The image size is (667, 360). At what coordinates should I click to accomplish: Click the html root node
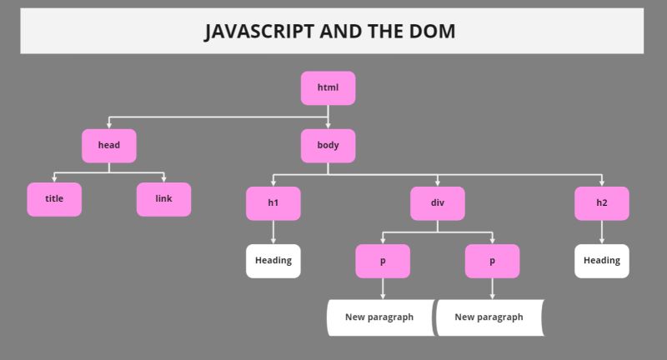(x=328, y=87)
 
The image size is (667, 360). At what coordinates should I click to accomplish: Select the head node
(x=108, y=146)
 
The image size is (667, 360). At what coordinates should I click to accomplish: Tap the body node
(x=328, y=146)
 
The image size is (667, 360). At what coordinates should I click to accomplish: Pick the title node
(x=54, y=199)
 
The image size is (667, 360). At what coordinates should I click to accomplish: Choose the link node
(x=163, y=199)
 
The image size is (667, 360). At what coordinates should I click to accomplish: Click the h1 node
(x=273, y=203)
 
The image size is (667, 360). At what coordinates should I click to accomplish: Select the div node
(x=437, y=203)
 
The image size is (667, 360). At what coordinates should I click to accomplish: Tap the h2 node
(x=601, y=203)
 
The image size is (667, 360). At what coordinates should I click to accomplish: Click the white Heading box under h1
(x=273, y=261)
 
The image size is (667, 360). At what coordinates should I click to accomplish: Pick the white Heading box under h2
(x=601, y=261)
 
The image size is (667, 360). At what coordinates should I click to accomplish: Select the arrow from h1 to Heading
(x=273, y=232)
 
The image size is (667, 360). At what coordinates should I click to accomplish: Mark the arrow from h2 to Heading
(x=601, y=232)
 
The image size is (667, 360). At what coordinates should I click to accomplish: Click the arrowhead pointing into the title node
(x=54, y=178)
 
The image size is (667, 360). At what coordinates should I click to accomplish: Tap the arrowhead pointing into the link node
(x=163, y=178)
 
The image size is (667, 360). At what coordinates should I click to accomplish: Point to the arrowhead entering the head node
(x=108, y=125)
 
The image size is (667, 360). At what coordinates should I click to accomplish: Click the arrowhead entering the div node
(x=437, y=182)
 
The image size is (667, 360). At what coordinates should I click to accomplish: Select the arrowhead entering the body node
(x=328, y=125)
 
